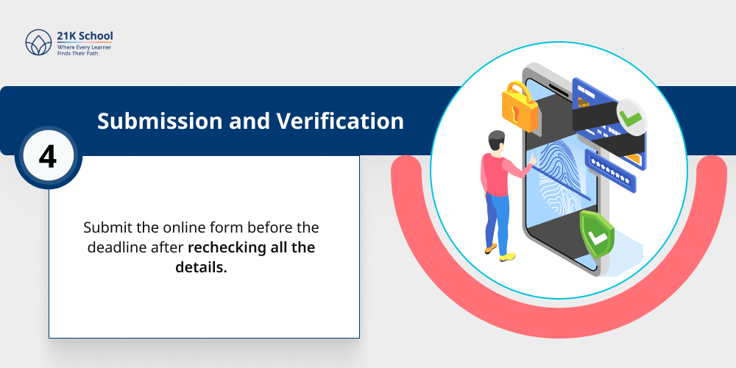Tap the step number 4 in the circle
47,157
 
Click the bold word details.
201,267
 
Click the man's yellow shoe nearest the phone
508,256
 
